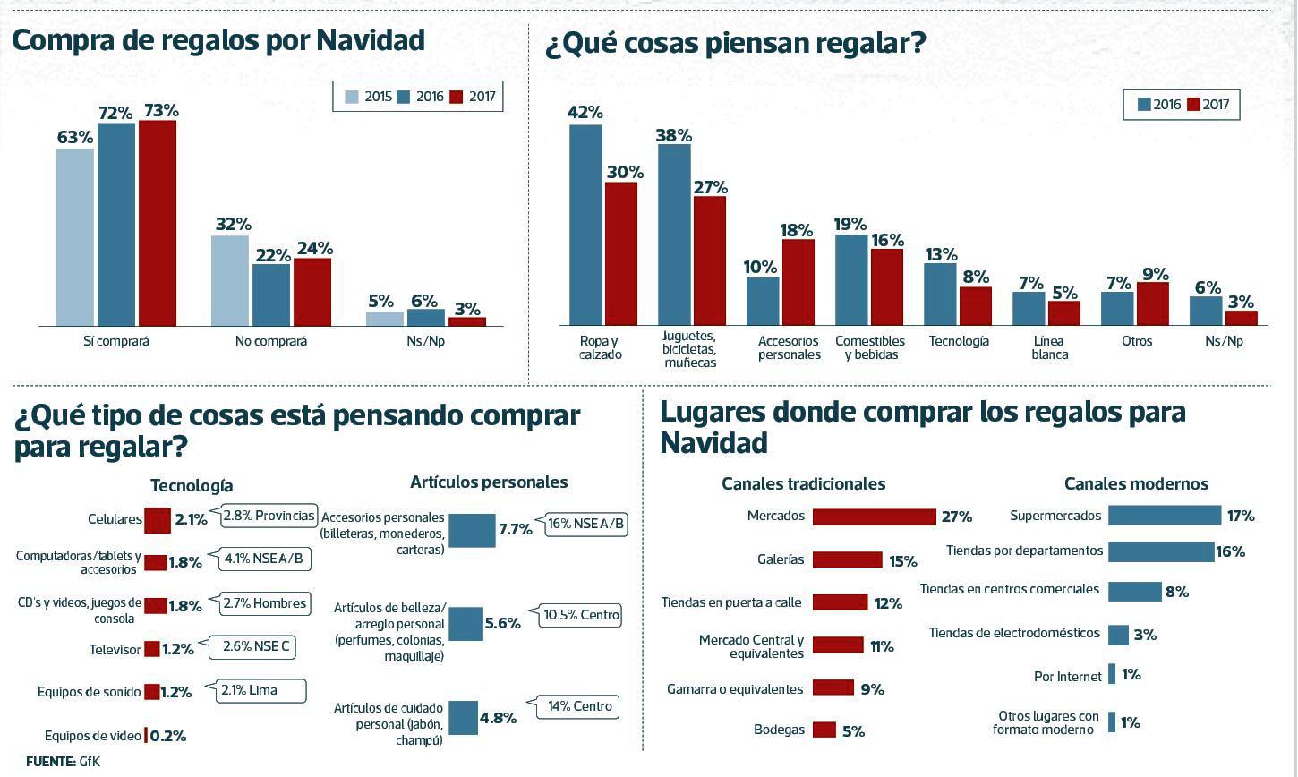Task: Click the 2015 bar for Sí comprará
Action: (x=75, y=237)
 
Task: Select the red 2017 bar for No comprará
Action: (x=312, y=292)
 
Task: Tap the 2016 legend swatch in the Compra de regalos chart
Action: (x=403, y=97)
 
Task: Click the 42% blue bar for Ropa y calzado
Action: (x=586, y=225)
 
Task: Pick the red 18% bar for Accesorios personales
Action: (x=798, y=282)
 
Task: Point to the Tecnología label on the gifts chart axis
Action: (x=959, y=341)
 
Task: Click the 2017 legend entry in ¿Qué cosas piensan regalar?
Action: (x=1208, y=105)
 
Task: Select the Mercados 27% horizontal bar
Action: (x=874, y=517)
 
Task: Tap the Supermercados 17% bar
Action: (x=1165, y=516)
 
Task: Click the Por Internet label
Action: (x=1067, y=677)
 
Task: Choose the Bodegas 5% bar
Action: (x=824, y=730)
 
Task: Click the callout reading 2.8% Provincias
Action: (x=269, y=516)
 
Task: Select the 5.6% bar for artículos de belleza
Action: (x=465, y=624)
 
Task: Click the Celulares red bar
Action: (x=158, y=519)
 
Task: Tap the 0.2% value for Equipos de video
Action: (x=168, y=736)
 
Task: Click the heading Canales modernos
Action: (x=1136, y=484)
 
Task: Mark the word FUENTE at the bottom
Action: (x=50, y=762)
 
